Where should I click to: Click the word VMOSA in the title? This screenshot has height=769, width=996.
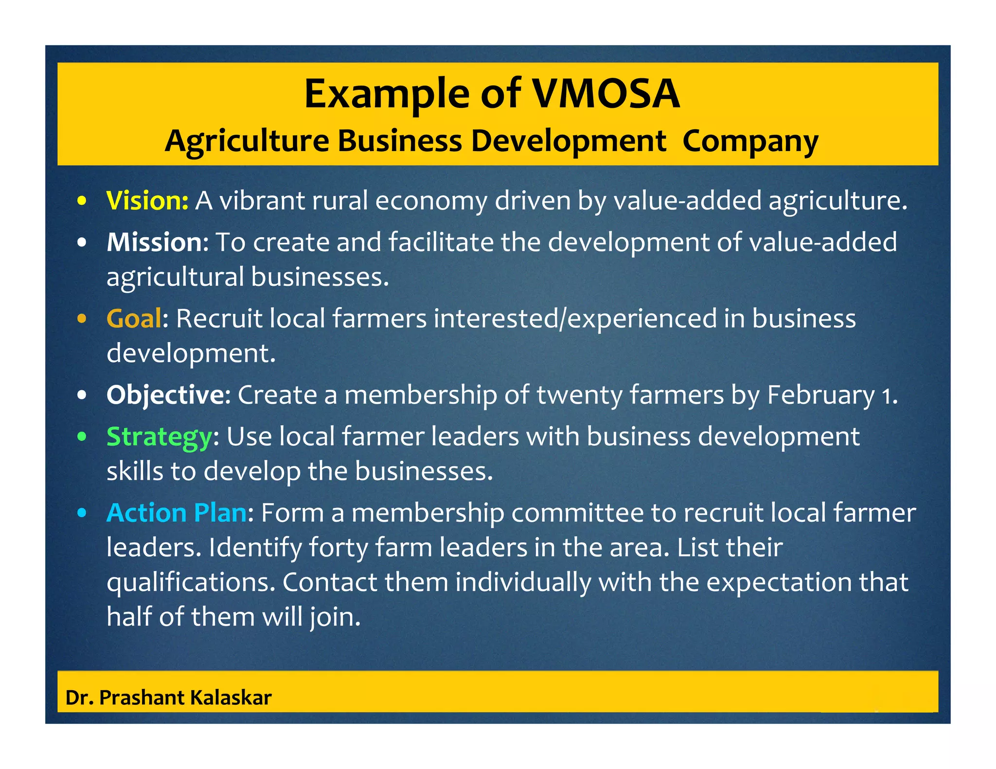point(605,93)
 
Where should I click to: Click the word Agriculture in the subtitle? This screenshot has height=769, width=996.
point(247,141)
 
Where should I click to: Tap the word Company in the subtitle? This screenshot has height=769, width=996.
point(750,141)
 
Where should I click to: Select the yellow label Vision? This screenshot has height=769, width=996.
point(147,200)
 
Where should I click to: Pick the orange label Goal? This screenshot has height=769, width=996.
point(134,318)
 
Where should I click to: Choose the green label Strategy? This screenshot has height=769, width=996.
point(159,437)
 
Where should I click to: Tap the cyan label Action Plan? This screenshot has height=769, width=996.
point(177,513)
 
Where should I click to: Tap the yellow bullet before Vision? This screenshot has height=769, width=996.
point(82,201)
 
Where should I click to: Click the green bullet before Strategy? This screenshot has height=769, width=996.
point(82,437)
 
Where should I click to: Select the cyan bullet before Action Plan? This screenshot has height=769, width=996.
point(82,513)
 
